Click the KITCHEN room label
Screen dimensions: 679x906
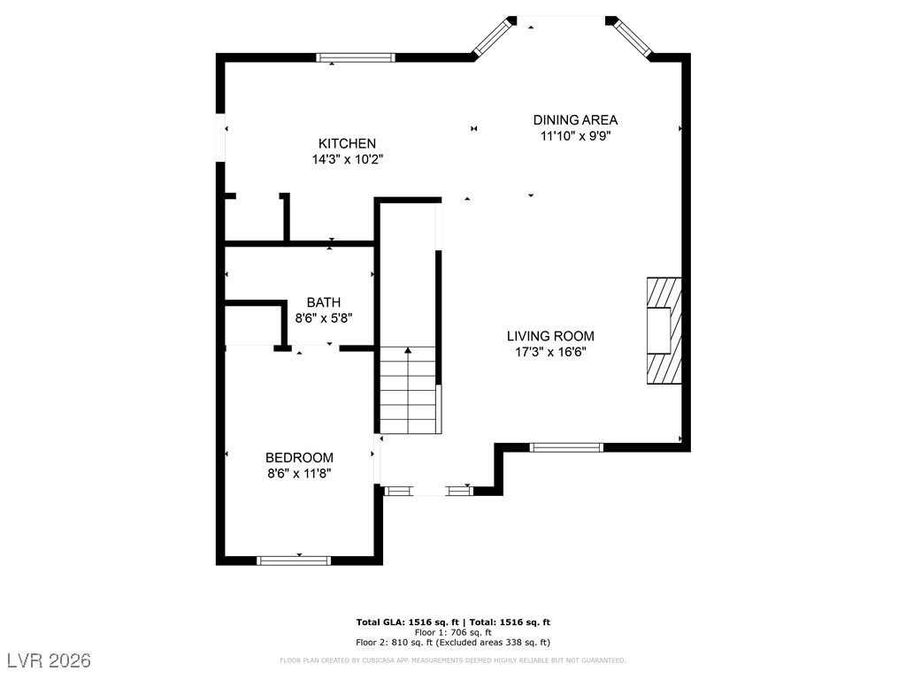(x=347, y=143)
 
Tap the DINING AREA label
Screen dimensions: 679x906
(x=575, y=120)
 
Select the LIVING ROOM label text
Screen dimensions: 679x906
(x=550, y=336)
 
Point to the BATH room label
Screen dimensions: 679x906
(x=324, y=302)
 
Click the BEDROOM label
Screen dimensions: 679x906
(x=299, y=457)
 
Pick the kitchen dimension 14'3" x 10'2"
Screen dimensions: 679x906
(x=347, y=160)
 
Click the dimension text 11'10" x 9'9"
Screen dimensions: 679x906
(x=575, y=136)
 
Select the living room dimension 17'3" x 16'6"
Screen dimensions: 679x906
(x=550, y=352)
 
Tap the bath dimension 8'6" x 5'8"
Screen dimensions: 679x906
(x=324, y=317)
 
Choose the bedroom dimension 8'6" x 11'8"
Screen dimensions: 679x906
(x=299, y=473)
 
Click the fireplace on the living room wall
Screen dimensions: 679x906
(x=664, y=330)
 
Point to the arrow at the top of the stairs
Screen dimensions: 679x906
(x=408, y=352)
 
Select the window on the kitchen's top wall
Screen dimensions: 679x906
(x=356, y=58)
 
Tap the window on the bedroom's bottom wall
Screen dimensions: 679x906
(x=294, y=560)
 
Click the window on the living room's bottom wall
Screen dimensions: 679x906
(x=566, y=447)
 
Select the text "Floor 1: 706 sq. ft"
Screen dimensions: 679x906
(x=453, y=632)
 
